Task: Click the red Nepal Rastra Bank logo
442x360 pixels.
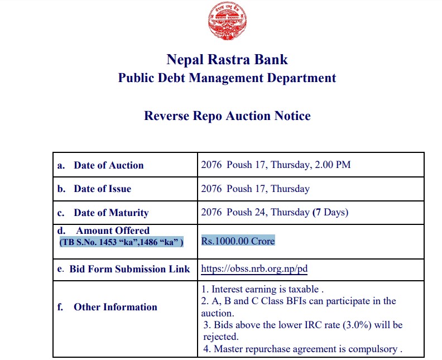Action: tap(228, 21)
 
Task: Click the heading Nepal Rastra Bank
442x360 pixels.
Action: tap(227, 59)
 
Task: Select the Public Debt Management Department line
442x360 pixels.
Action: tap(227, 78)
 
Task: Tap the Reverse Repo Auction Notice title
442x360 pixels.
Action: tap(227, 116)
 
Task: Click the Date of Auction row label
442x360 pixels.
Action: tap(108, 165)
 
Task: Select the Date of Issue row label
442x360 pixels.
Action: tap(102, 189)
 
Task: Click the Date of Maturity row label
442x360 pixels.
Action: tap(111, 213)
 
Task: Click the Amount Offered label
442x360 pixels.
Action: tap(112, 231)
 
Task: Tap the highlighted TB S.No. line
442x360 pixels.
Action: tap(121, 242)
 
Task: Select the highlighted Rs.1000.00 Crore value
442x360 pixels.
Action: tap(238, 241)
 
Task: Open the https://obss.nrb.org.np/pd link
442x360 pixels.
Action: tap(254, 269)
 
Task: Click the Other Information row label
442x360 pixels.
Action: tap(115, 307)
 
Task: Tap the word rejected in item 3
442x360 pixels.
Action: tap(221, 337)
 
